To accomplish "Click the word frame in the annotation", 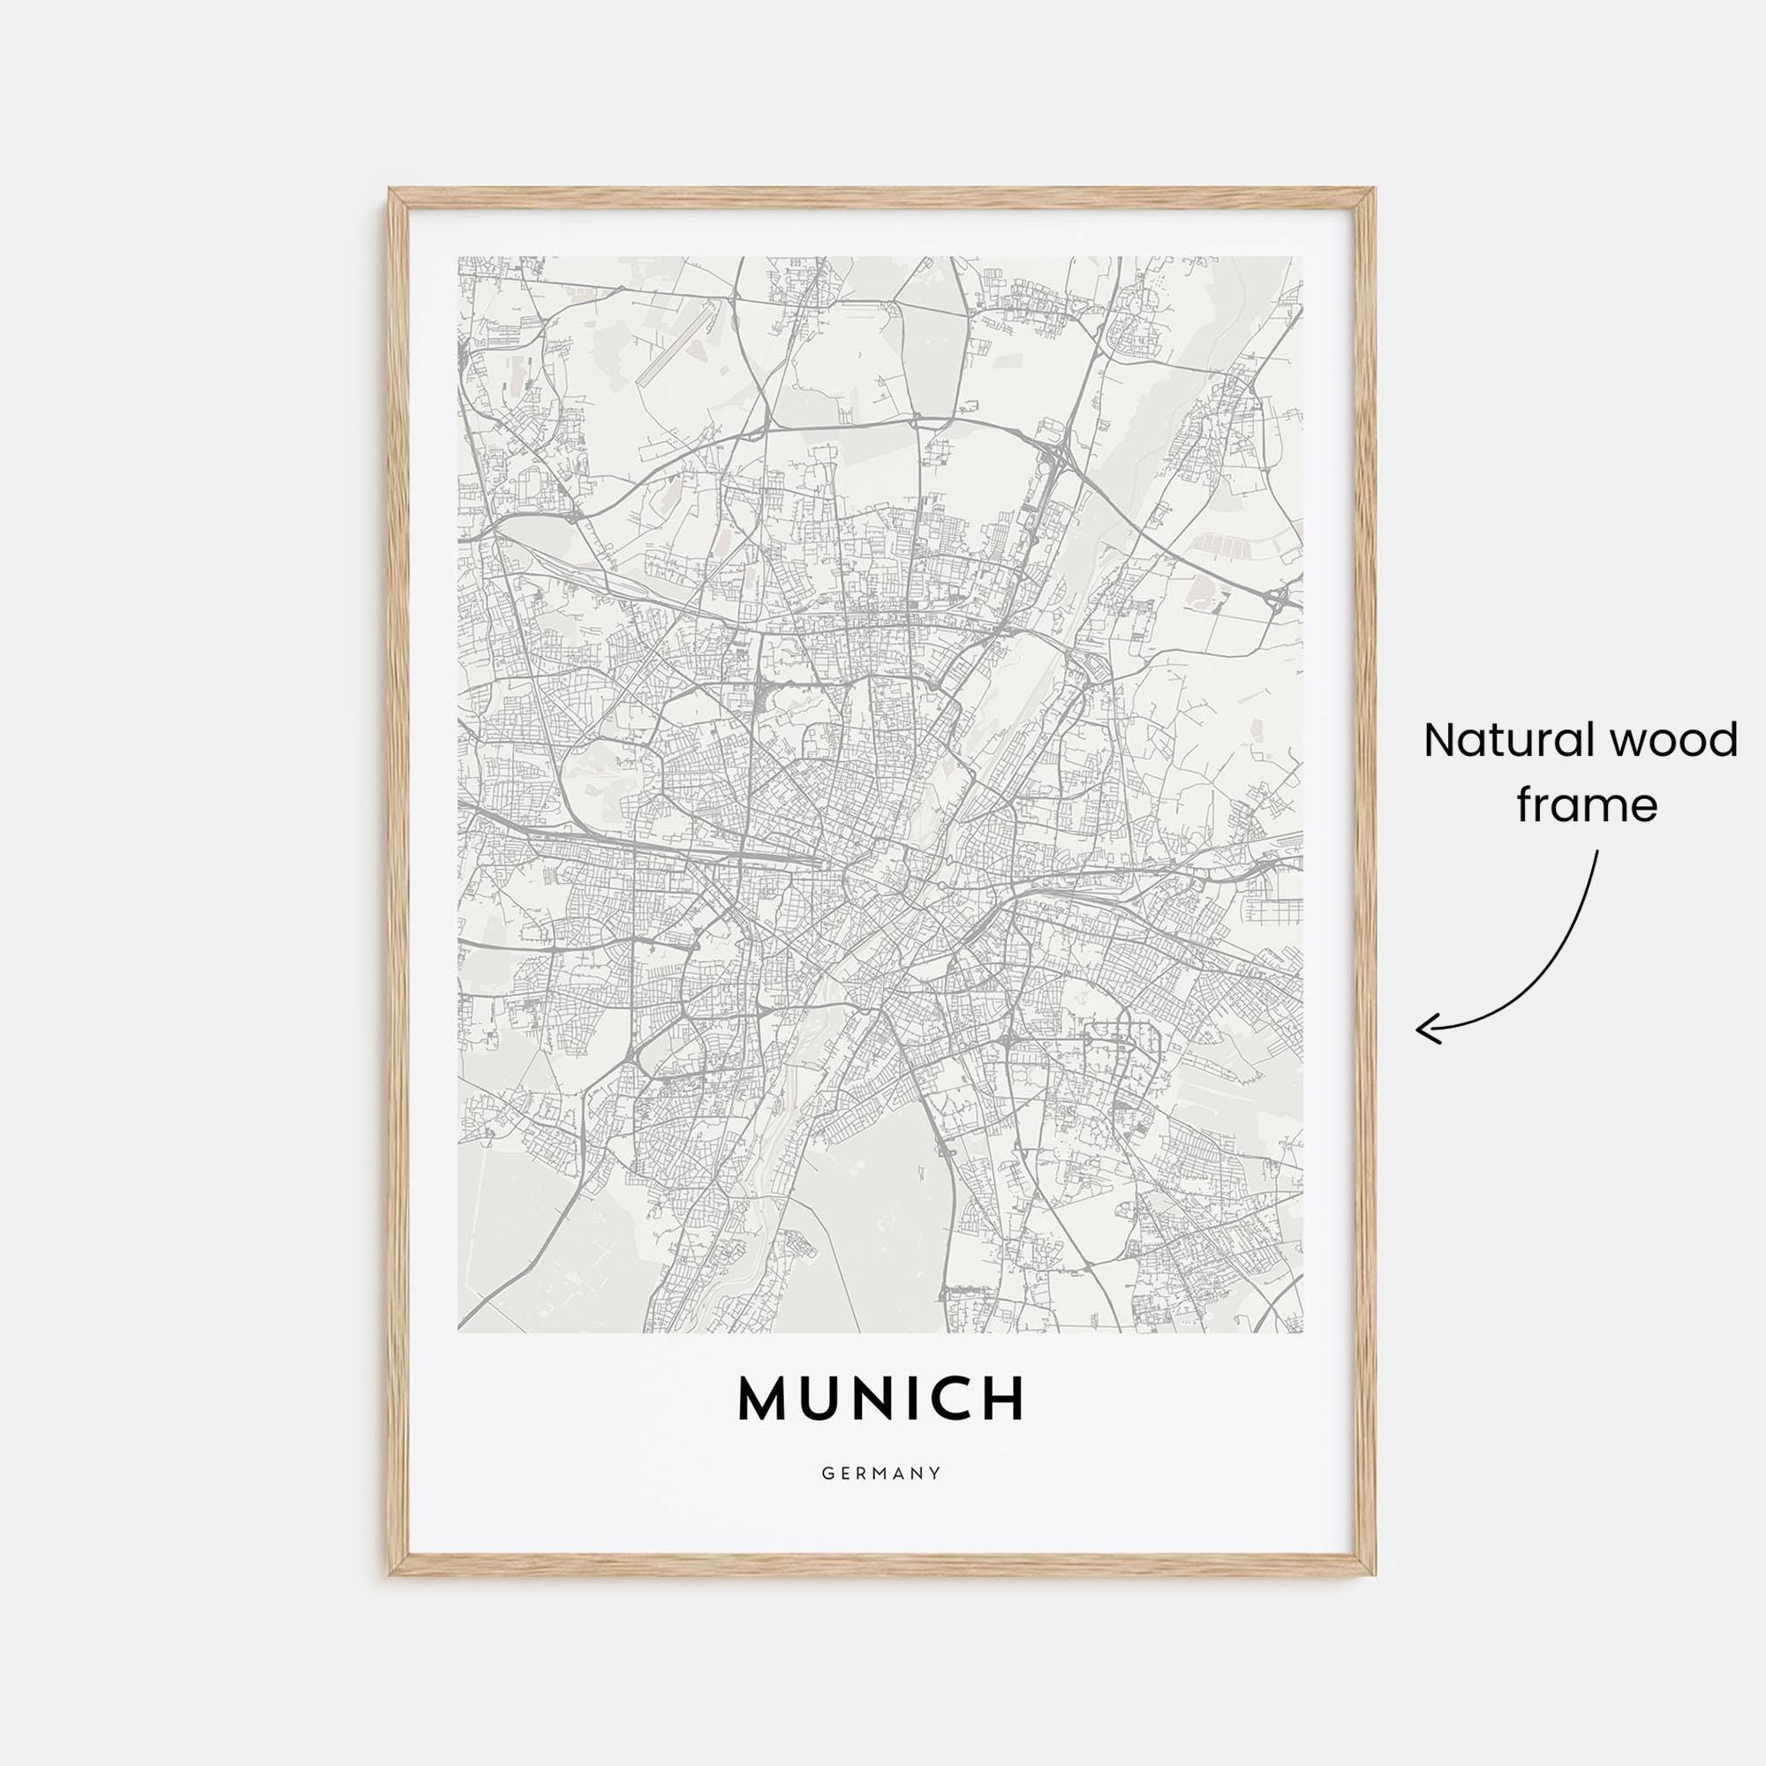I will [x=1587, y=805].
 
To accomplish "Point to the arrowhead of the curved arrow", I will [x=1420, y=1031].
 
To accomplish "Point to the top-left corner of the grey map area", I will [x=459, y=258].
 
